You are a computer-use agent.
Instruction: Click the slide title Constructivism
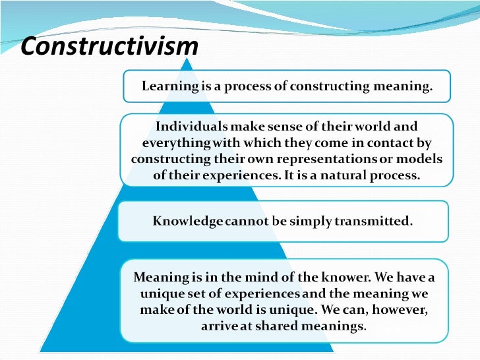[109, 46]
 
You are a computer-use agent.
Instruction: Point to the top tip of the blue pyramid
[190, 59]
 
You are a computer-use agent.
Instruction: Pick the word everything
[173, 142]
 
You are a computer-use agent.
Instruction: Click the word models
[419, 159]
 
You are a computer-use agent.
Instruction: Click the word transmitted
[377, 222]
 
